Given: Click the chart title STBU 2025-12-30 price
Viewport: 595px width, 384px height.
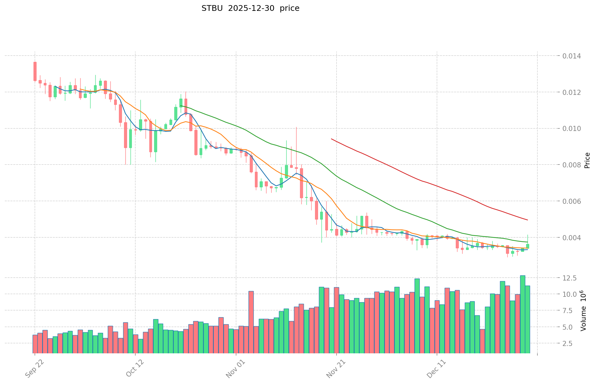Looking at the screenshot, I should (x=250, y=9).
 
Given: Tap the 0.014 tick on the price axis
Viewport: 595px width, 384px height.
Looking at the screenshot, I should (x=572, y=56).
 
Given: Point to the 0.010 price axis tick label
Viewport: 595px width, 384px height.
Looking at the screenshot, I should (x=572, y=129).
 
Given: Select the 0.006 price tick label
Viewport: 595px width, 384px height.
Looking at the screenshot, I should (x=572, y=201).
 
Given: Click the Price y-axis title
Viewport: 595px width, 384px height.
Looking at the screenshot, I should (x=587, y=160).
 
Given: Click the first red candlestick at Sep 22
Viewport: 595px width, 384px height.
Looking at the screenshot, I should (x=35, y=71).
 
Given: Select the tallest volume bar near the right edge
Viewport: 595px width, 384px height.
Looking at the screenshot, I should (x=522, y=314).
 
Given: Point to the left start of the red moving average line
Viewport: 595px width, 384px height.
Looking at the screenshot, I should (x=332, y=139).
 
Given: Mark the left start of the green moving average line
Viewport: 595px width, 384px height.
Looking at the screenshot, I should (x=181, y=106).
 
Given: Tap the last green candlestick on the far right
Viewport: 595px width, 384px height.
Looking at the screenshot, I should (x=528, y=246).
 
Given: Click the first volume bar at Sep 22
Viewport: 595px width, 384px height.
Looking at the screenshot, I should (x=35, y=344).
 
